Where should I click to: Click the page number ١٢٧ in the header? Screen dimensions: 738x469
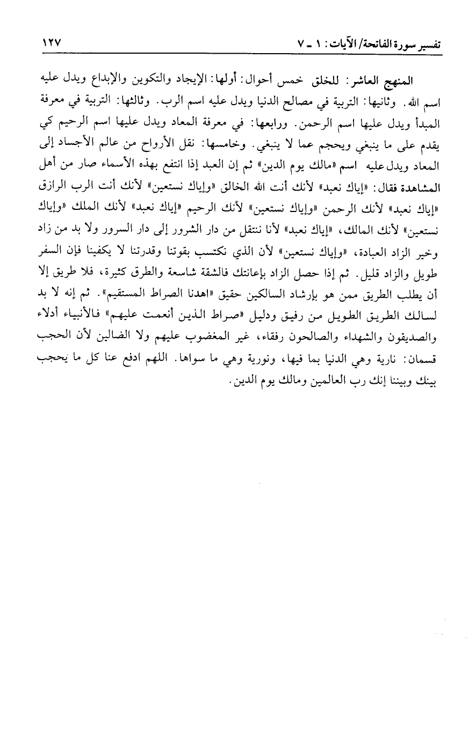pyautogui.click(x=51, y=42)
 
